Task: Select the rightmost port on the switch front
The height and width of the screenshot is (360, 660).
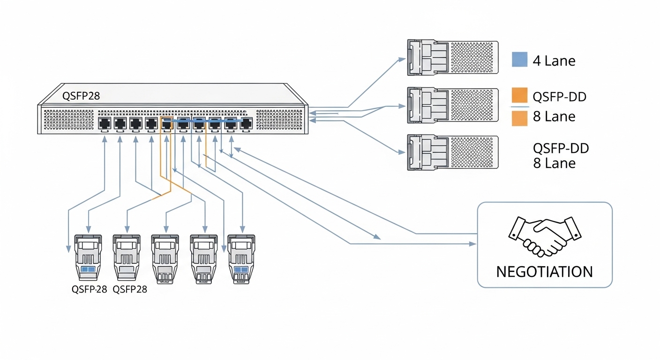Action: click(246, 123)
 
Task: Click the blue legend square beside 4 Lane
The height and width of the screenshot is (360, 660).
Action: click(519, 60)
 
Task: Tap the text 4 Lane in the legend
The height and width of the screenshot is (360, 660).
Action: click(554, 60)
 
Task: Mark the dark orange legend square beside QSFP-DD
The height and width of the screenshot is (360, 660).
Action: click(519, 96)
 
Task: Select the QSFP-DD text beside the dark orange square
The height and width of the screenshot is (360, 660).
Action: click(560, 97)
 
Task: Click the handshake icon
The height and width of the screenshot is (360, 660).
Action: click(545, 236)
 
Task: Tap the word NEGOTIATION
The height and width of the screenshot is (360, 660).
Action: click(544, 272)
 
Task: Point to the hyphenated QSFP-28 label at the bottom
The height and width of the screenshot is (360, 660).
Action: click(89, 289)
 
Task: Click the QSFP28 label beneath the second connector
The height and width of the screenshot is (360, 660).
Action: click(130, 289)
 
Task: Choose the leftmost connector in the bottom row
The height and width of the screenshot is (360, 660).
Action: click(88, 258)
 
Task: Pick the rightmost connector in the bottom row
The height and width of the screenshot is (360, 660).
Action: click(241, 258)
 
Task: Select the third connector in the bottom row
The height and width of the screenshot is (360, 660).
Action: click(165, 258)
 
